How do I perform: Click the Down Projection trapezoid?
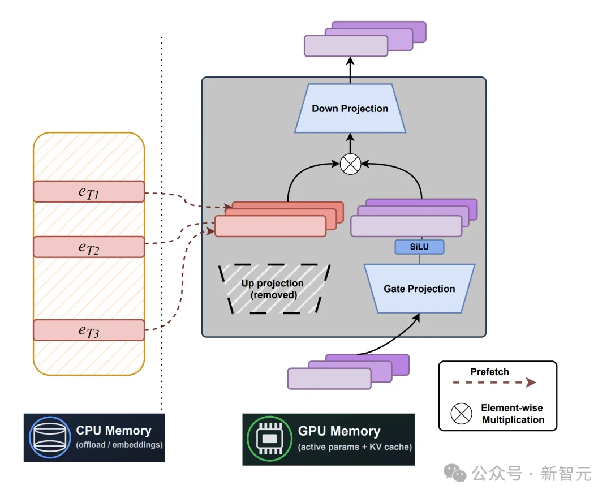tap(350, 109)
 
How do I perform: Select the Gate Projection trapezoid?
tap(419, 289)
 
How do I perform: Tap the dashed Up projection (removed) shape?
tap(273, 289)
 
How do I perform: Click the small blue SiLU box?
tap(419, 247)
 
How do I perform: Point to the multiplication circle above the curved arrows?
tap(350, 165)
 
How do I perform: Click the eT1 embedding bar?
tap(89, 191)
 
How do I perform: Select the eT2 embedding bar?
tap(89, 247)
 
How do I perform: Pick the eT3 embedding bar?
tap(89, 330)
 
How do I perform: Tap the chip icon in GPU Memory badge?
tap(270, 439)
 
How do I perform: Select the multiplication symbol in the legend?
tap(461, 414)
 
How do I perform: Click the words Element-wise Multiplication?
tap(513, 414)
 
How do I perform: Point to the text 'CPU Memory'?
tap(114, 431)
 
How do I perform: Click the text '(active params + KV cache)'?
tap(355, 447)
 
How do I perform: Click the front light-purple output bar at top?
tap(346, 46)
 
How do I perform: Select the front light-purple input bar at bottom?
tap(329, 378)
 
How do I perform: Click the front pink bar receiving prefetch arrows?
tap(270, 226)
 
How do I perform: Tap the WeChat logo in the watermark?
tap(455, 473)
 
